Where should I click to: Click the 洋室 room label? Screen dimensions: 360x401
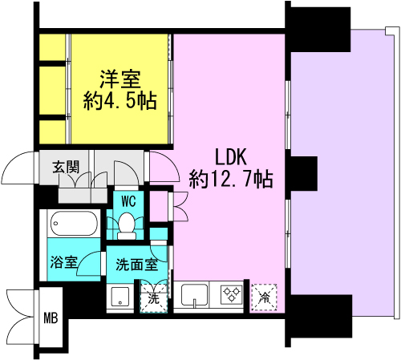click(120, 80)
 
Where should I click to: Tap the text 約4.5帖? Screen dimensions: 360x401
click(120, 101)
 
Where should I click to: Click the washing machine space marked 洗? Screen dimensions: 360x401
click(153, 297)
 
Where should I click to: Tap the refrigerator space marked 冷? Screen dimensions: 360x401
click(263, 297)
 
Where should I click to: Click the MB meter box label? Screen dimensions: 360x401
click(50, 318)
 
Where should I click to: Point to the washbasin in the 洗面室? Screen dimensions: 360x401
click(119, 296)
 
